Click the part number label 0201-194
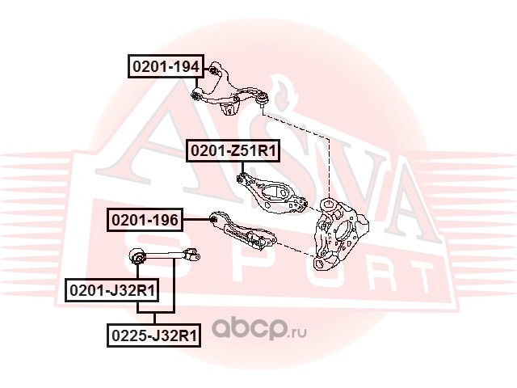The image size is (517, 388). coord(166,65)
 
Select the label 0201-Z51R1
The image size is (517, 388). coord(233,150)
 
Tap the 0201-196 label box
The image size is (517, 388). coord(145,219)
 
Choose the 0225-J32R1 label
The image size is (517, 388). coord(153,333)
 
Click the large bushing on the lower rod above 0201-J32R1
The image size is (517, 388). coord(139,258)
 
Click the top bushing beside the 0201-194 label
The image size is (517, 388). coord(213,68)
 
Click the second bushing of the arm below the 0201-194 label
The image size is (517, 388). coord(196,95)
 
